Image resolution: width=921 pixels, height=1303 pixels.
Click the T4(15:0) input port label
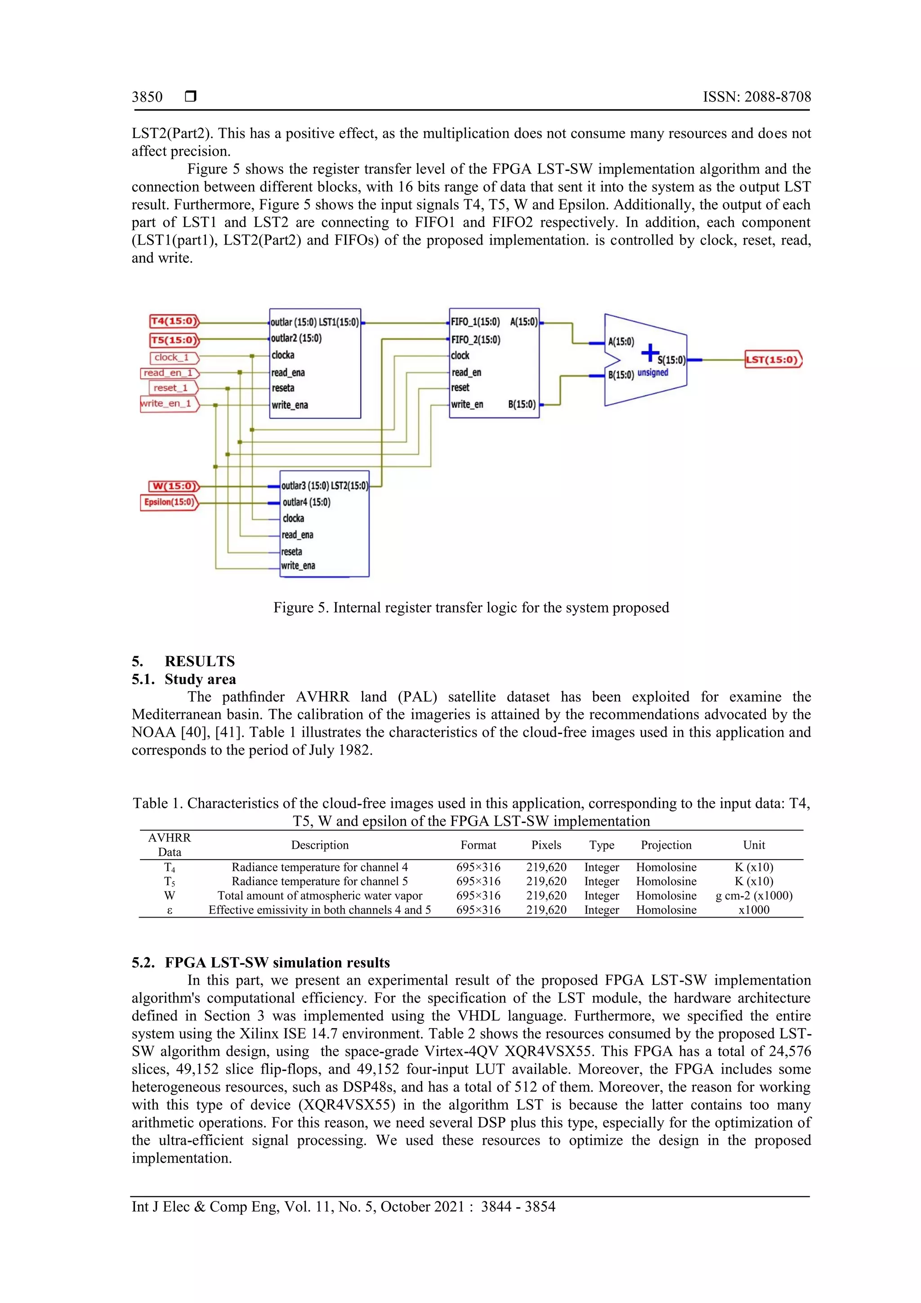coord(174,321)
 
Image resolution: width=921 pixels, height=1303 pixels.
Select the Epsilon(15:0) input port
coord(169,502)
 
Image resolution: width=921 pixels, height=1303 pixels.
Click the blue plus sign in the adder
coord(650,353)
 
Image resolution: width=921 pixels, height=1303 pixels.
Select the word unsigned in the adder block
coord(653,373)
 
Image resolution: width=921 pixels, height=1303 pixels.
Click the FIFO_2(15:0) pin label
coord(475,340)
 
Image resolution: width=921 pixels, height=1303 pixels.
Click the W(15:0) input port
coord(174,486)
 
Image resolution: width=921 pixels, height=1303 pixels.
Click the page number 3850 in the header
coord(147,97)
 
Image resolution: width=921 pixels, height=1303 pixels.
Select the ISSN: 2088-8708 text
coord(756,97)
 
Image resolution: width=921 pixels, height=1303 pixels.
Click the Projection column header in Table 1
coord(666,845)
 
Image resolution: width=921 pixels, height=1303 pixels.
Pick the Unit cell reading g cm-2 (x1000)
coord(754,896)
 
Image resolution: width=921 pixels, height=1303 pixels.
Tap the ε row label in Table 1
coord(169,910)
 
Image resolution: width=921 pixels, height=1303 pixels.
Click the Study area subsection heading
coord(200,679)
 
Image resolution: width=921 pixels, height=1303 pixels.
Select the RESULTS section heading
coord(199,661)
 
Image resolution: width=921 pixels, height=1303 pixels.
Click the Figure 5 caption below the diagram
coord(471,608)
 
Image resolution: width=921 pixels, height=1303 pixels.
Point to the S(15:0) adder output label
coord(671,360)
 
